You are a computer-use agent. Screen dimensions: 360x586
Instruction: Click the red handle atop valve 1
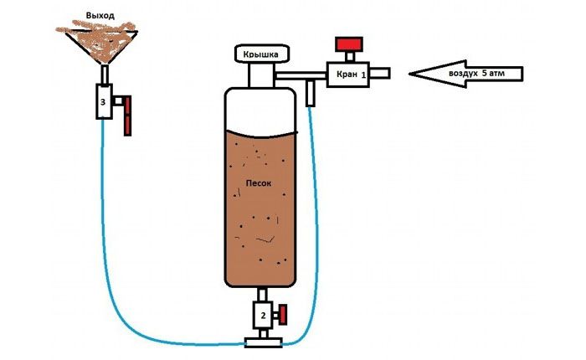[347, 44]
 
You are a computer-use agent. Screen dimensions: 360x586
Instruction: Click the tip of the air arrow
[413, 74]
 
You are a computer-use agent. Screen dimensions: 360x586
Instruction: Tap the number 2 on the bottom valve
[262, 316]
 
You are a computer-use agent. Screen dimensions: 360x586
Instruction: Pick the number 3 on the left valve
[102, 102]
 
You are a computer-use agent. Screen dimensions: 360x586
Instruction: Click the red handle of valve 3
[126, 116]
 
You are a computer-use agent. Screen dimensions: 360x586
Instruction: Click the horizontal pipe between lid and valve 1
[301, 75]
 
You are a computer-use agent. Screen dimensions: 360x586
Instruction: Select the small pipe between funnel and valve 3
[103, 75]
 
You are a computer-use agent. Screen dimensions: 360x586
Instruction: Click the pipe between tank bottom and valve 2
[261, 294]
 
